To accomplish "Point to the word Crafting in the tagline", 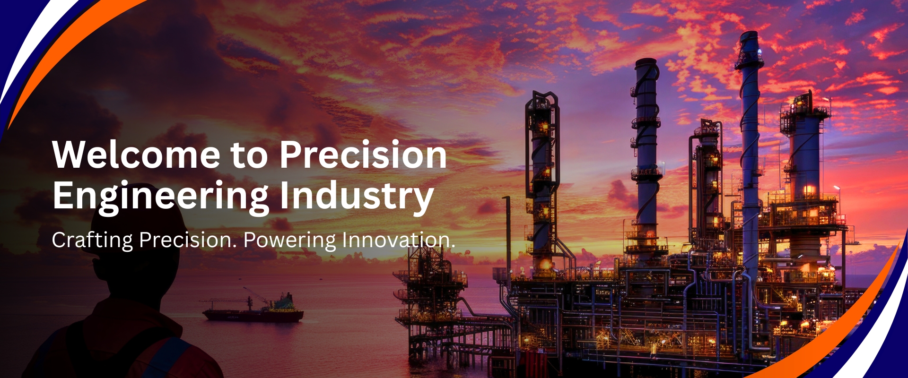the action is [92, 241].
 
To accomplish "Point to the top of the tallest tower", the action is [750, 34].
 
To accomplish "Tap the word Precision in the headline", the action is [363, 155].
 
